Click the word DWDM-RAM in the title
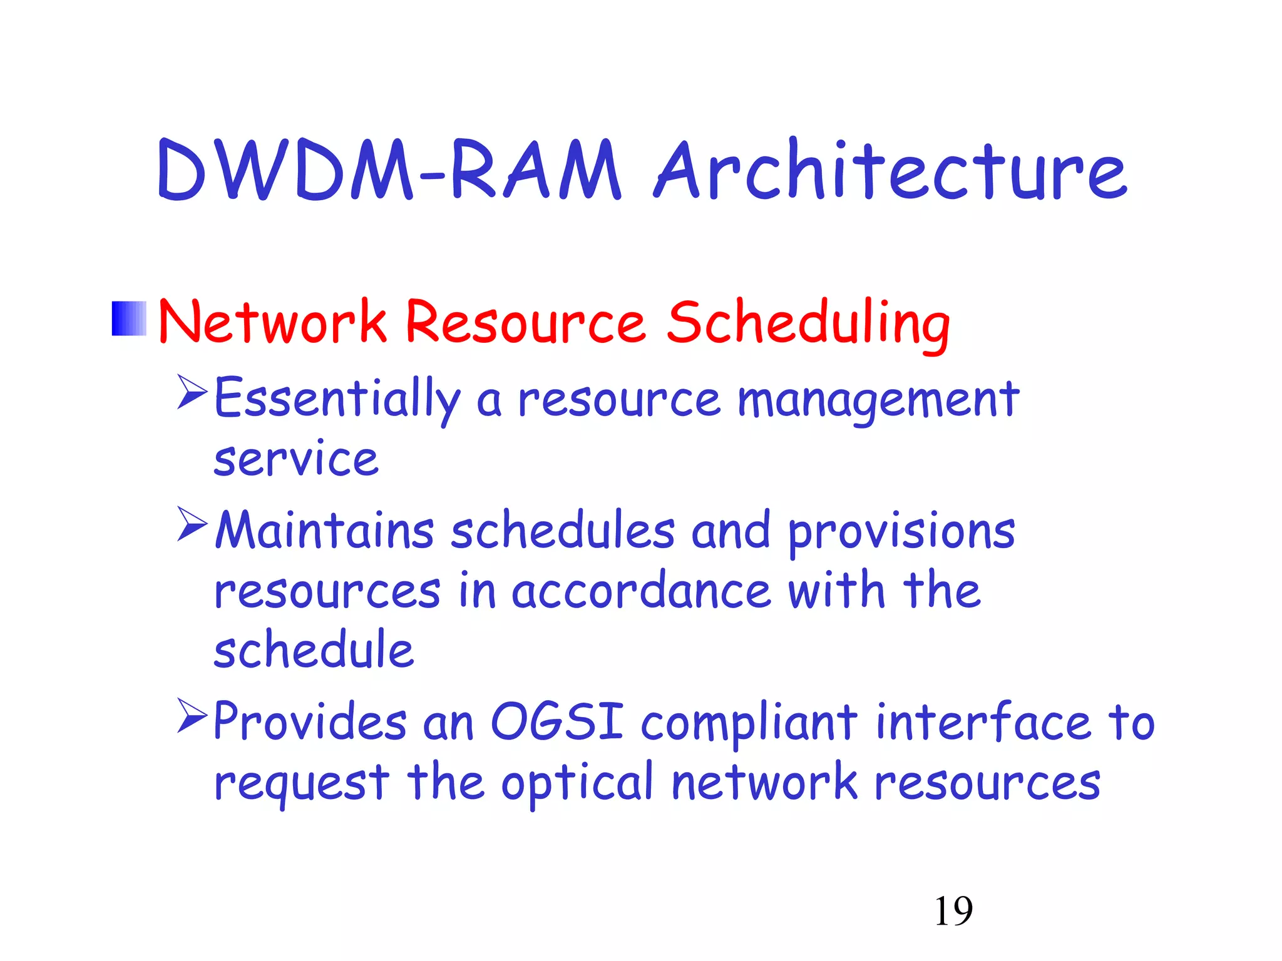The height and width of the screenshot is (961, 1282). tap(388, 170)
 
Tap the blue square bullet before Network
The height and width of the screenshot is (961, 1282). tap(129, 318)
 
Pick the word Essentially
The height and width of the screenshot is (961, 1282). tap(337, 399)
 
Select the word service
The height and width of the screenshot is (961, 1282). tap(296, 459)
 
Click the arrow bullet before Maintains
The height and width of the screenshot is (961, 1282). tap(192, 524)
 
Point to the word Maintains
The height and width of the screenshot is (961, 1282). tap(324, 531)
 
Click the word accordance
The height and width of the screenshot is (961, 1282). tap(641, 591)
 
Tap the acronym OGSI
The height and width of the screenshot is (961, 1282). tap(556, 722)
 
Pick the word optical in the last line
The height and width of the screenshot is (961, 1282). tap(577, 784)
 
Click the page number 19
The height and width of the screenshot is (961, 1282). tap(953, 911)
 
